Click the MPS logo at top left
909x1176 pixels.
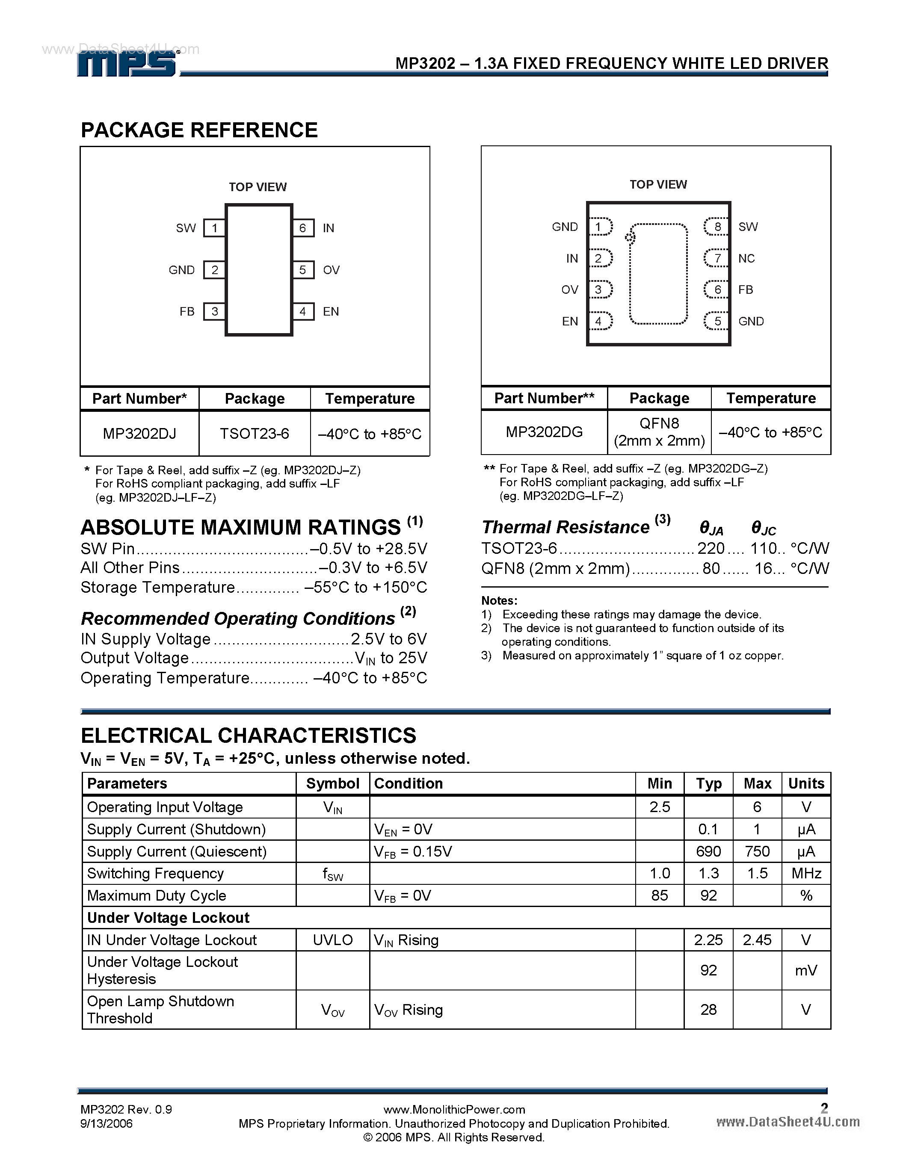pos(127,64)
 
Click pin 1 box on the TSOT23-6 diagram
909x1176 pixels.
pos(214,228)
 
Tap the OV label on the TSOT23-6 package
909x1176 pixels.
pos(331,270)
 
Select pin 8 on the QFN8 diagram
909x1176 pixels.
pos(717,227)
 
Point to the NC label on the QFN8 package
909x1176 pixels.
pos(746,258)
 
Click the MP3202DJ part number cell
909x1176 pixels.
pos(139,434)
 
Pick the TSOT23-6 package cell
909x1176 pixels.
pos(254,434)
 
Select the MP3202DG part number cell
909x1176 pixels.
pos(544,432)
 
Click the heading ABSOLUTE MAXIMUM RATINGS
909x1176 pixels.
pos(240,527)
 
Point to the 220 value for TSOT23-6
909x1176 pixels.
pos(711,548)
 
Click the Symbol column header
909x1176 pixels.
pos(333,783)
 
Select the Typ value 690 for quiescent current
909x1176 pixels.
pos(708,851)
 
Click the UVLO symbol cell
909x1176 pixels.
pos(333,940)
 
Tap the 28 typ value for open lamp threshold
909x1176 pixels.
pos(708,1010)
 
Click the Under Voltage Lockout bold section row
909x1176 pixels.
pos(168,918)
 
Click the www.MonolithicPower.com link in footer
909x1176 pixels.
pos(454,1109)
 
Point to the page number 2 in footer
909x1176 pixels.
pos(824,1108)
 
